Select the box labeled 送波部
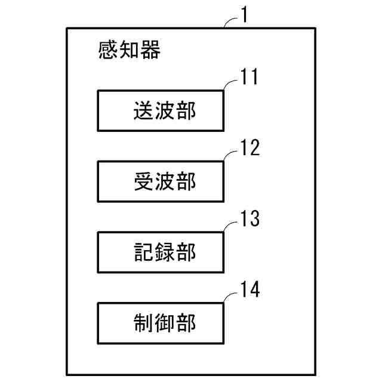tap(161, 110)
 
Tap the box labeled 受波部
tap(161, 181)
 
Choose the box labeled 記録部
tap(161, 252)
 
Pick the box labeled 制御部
tap(161, 323)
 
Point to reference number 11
tap(250, 78)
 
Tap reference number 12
tap(250, 148)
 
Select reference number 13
tap(250, 219)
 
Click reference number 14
tap(250, 289)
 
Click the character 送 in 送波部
tap(142, 111)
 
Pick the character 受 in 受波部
tap(142, 182)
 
